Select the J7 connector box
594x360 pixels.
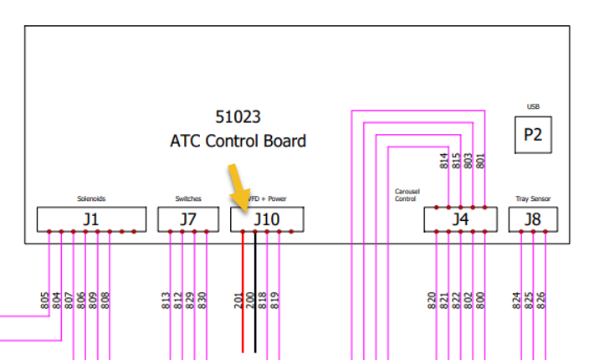coord(187,219)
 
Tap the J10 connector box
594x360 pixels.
coord(267,219)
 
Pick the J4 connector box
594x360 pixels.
coord(460,219)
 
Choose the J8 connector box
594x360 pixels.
coord(532,219)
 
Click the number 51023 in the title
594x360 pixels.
coord(238,116)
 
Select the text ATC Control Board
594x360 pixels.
coord(238,141)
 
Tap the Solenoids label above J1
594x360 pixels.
coord(90,198)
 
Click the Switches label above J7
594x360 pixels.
coord(187,198)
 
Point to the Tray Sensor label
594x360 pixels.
coord(532,198)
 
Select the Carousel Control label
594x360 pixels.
coord(407,196)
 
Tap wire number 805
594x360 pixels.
coord(44,300)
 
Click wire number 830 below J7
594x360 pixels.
coord(202,300)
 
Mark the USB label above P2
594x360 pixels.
coord(533,106)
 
